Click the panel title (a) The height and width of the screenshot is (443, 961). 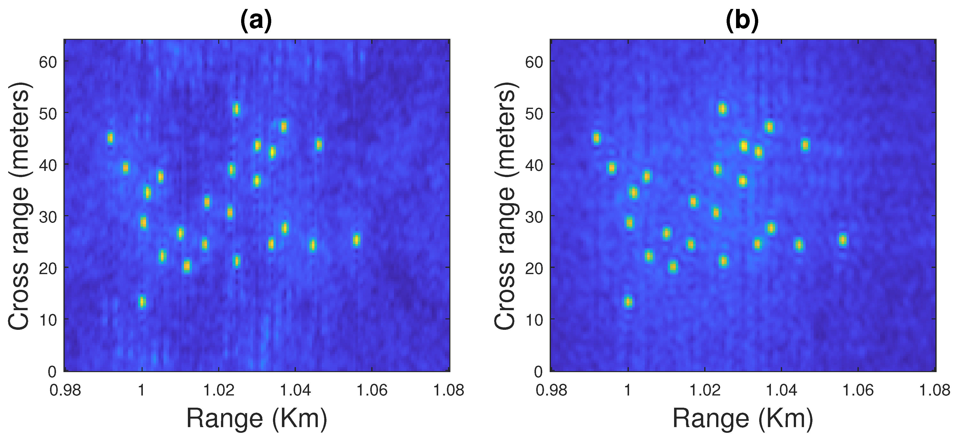256,20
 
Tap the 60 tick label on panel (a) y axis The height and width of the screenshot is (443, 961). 48,62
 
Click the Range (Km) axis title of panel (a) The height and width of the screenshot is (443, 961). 257,418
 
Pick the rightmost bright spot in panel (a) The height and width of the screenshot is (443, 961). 356,240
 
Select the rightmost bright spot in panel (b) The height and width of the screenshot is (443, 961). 843,240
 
